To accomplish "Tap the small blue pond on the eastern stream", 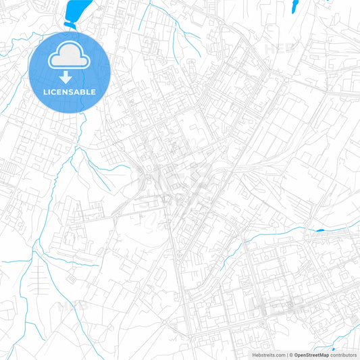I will click(319, 230).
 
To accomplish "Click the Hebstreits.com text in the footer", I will click(266, 354).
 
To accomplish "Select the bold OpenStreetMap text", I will click(311, 354).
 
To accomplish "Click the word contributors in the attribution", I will click(344, 354).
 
